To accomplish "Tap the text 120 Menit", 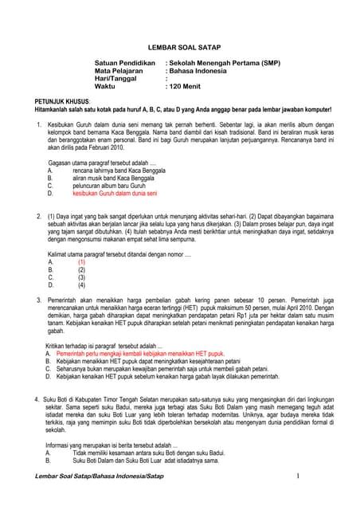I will [x=186, y=87].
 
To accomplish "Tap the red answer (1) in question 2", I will [x=81, y=261].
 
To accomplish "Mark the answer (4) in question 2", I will [x=81, y=284].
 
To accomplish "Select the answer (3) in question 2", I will [x=81, y=277].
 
